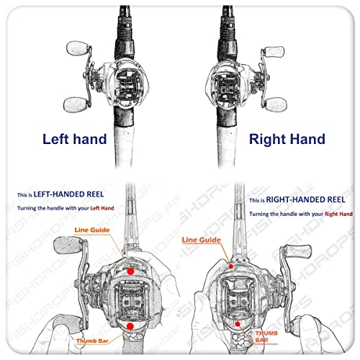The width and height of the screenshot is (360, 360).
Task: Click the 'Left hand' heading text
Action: click(x=73, y=139)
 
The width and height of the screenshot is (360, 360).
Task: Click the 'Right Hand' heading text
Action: click(x=286, y=139)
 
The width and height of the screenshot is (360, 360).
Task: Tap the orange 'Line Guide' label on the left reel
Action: click(x=91, y=230)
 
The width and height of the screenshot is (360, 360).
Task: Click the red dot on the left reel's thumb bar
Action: click(x=130, y=326)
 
